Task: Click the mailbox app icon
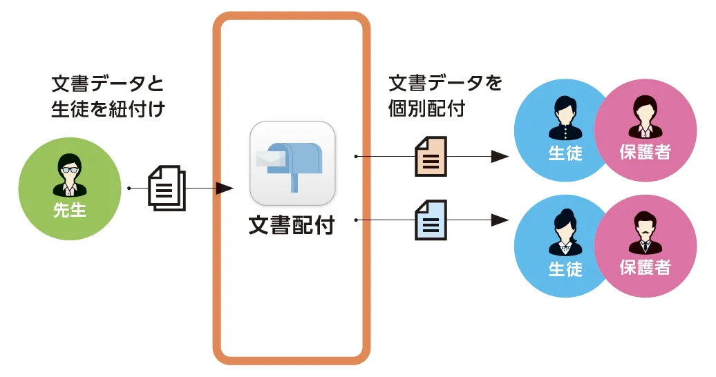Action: click(x=292, y=163)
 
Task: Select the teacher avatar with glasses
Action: click(x=69, y=174)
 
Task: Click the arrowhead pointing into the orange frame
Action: click(x=225, y=188)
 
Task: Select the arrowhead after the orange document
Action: click(x=500, y=157)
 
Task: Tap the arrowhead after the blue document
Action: click(x=500, y=220)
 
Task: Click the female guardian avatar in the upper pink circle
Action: click(x=645, y=117)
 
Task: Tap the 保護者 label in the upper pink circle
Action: click(x=645, y=151)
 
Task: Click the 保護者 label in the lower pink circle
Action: click(x=645, y=267)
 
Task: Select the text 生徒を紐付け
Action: click(x=108, y=108)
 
